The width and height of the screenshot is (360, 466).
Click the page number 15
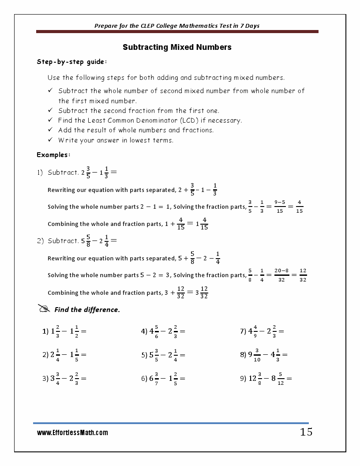click(306, 432)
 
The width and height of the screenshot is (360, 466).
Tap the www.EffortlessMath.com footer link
click(72, 433)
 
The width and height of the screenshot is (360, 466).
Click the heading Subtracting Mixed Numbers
click(177, 47)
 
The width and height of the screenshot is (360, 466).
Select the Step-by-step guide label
click(71, 62)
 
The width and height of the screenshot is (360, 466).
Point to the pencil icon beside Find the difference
click(44, 308)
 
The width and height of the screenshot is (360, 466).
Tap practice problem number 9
click(266, 378)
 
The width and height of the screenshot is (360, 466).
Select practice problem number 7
click(262, 331)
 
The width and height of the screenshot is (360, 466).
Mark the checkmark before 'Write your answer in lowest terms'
click(50, 140)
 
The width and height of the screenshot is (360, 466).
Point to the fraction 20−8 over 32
click(281, 275)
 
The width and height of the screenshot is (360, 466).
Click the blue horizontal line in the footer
click(171, 423)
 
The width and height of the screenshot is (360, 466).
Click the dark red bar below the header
click(177, 32)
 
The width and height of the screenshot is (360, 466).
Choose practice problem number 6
click(163, 378)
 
